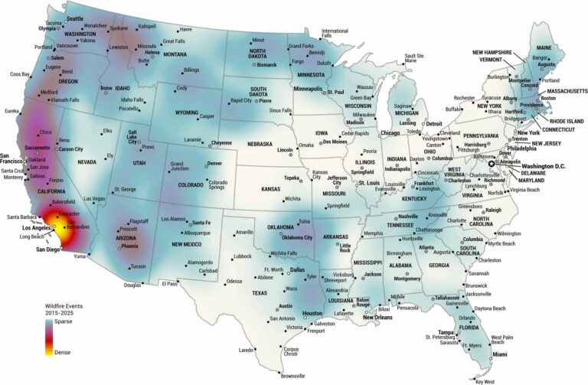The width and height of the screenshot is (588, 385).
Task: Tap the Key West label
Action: pos(485,380)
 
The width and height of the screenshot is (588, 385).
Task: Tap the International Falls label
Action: pos(335,34)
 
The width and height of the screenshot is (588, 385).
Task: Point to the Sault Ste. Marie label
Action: pos(414,58)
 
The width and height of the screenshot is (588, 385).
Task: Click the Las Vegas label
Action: pos(94,199)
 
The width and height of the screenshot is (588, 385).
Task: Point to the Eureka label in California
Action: pos(11,111)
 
